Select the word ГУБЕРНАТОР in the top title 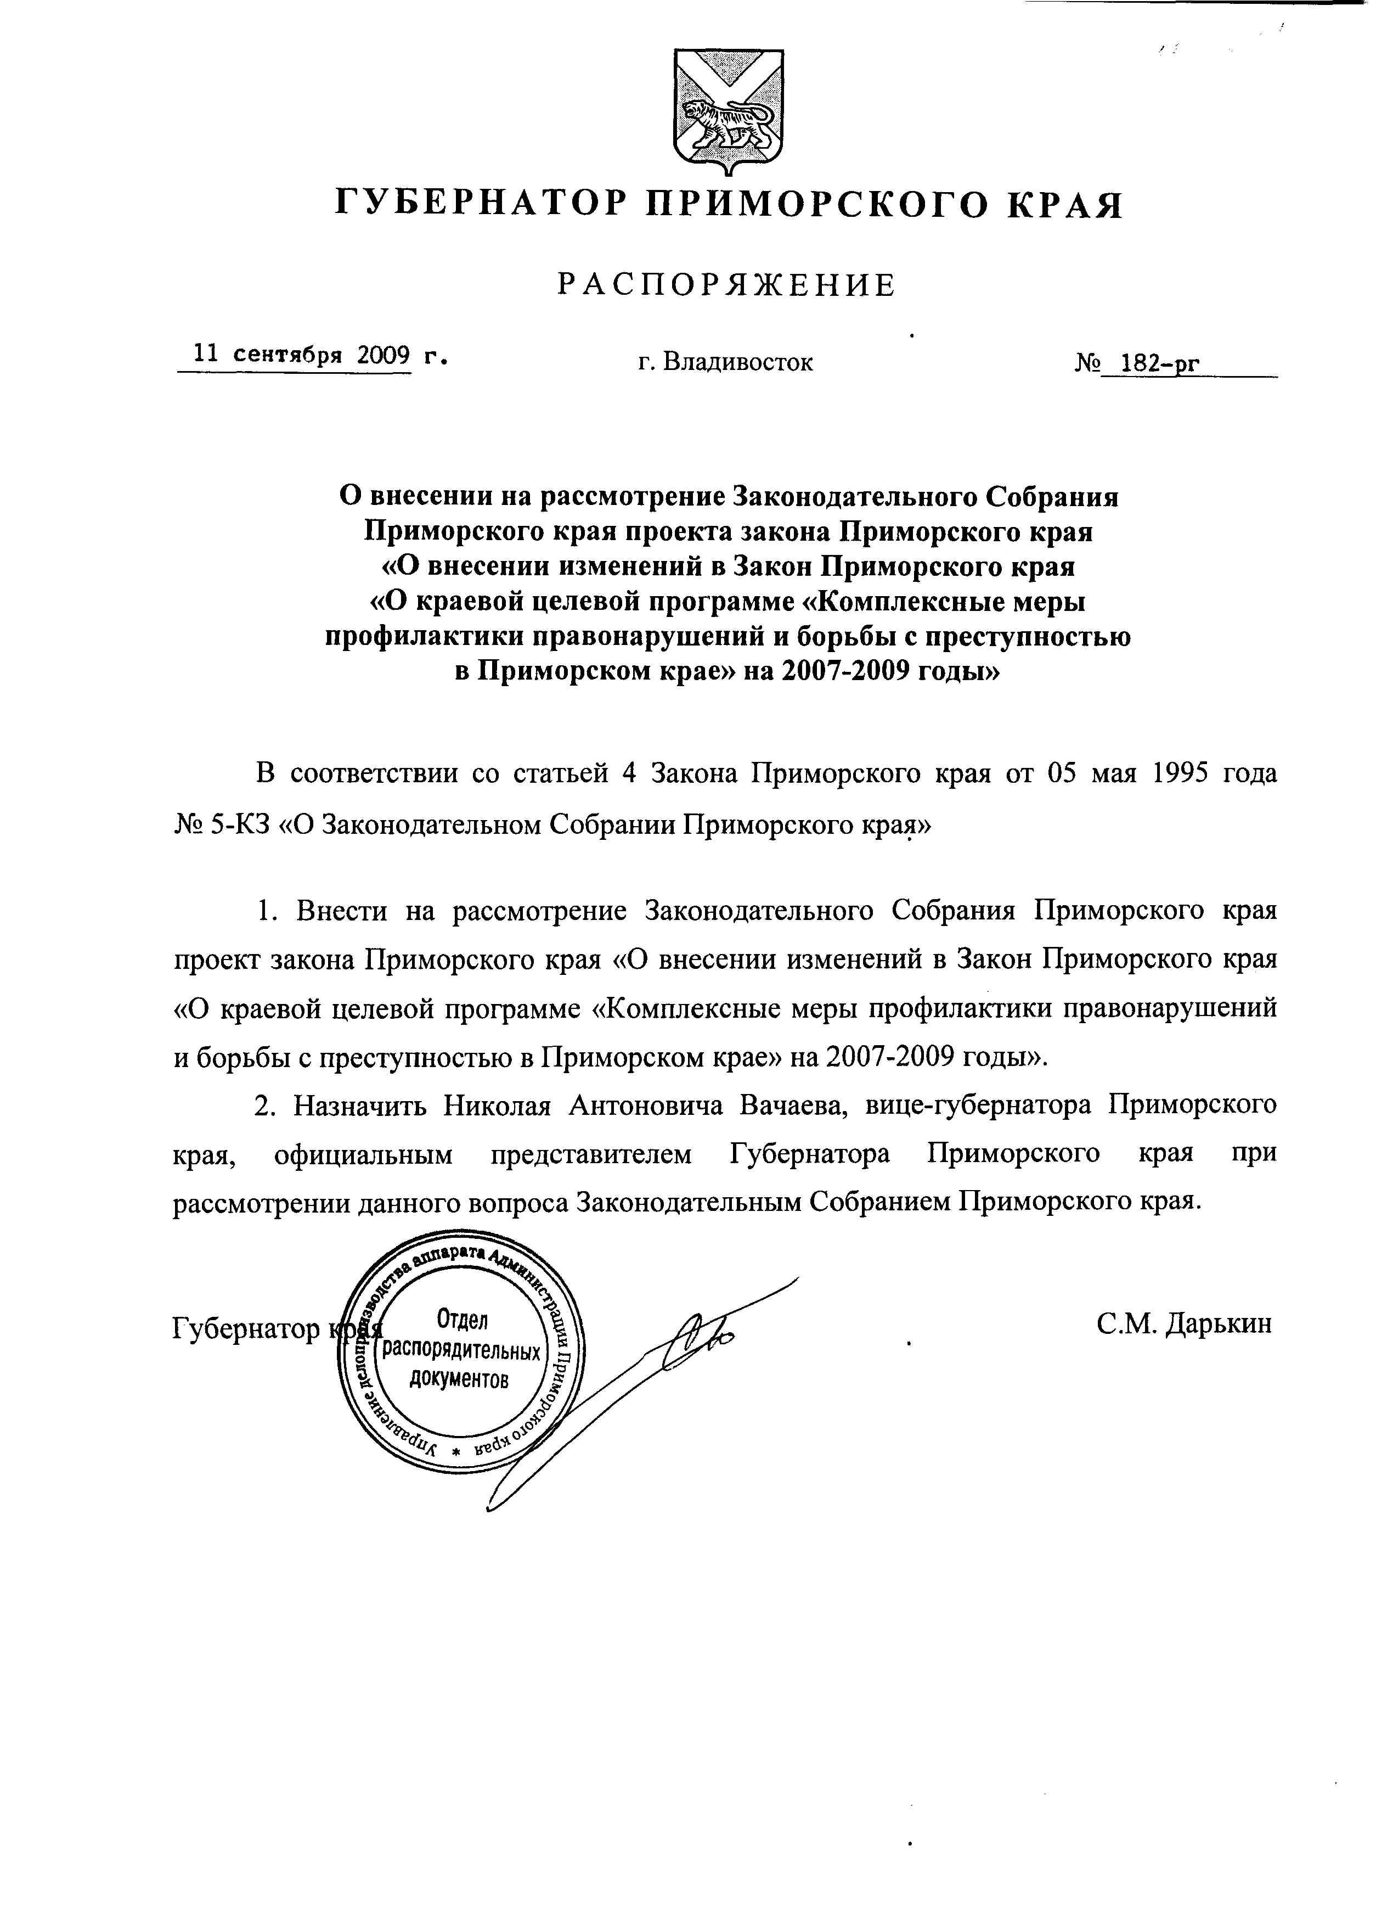tap(481, 204)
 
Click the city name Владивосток tap(737, 363)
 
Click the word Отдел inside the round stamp tap(462, 1319)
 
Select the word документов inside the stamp tap(460, 1379)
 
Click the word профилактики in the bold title tap(415, 637)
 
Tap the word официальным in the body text tap(364, 1154)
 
